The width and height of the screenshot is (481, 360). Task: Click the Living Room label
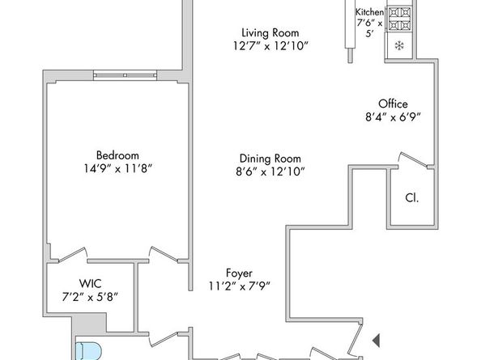[252, 33]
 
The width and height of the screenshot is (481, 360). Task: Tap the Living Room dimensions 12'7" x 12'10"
[252, 47]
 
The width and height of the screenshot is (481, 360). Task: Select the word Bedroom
[117, 155]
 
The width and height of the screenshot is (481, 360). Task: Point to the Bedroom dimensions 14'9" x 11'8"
[117, 169]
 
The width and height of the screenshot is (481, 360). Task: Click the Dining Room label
[270, 159]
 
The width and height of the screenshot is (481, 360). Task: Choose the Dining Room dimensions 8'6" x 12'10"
[270, 172]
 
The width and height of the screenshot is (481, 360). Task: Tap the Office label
[393, 104]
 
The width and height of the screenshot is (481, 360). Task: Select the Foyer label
[238, 273]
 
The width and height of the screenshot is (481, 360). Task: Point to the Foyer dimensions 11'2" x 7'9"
[238, 286]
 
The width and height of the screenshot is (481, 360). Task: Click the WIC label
[90, 283]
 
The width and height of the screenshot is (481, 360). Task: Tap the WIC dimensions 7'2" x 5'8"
[90, 296]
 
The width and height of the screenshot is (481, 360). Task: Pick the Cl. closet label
[411, 197]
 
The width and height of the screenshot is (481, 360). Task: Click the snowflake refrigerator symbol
[398, 46]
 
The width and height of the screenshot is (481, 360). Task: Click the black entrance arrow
[375, 340]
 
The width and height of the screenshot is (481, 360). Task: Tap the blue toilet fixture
[87, 350]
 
